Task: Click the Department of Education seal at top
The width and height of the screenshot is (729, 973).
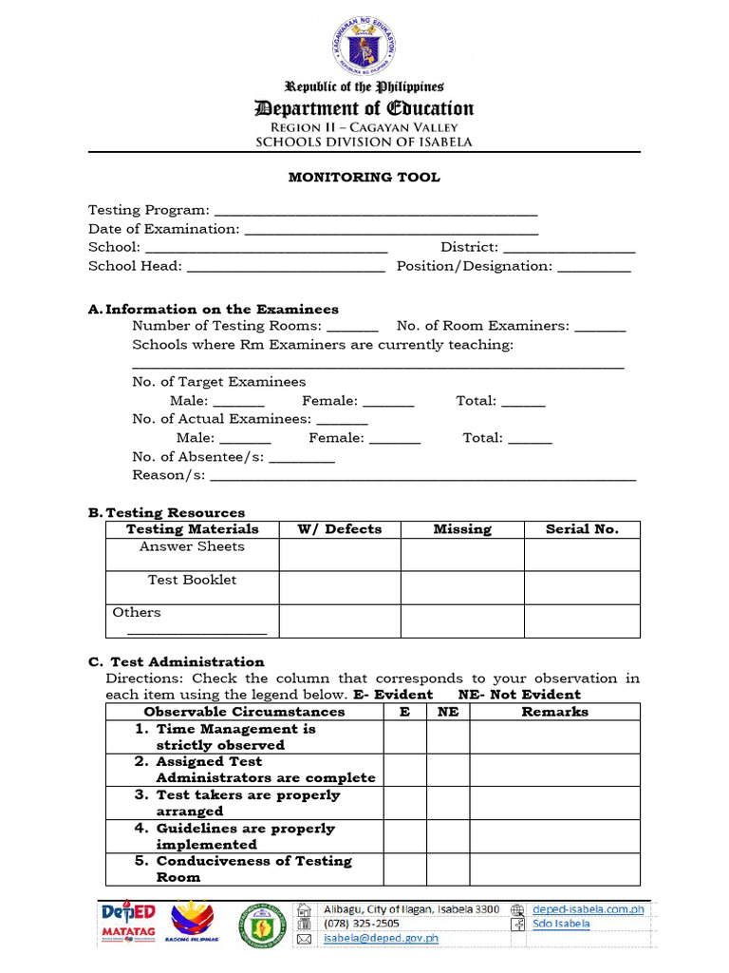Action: [364, 45]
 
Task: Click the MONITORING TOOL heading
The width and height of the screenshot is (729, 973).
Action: [364, 177]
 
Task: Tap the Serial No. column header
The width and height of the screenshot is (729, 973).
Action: [582, 529]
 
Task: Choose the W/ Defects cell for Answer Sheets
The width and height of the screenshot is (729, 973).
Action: [339, 554]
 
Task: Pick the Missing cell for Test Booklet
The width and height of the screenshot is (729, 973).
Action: [462, 587]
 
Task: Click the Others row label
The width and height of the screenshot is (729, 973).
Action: [137, 613]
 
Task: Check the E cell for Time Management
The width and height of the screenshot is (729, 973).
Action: [404, 737]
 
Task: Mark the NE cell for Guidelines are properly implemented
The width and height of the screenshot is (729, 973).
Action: [447, 836]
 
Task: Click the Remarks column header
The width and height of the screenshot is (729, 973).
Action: [554, 712]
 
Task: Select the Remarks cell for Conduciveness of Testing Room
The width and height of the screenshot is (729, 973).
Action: [554, 868]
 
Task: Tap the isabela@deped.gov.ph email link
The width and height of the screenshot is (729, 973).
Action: [381, 939]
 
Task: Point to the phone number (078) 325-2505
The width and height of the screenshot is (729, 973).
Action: [362, 924]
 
